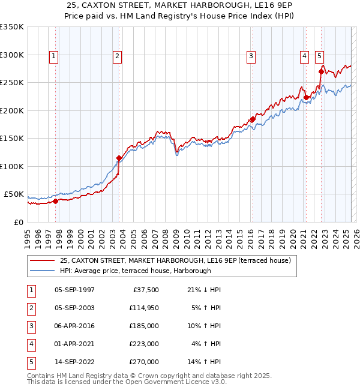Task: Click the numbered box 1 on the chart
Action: coord(53,56)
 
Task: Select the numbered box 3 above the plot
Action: coord(250,56)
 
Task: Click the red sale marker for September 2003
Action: coord(119,158)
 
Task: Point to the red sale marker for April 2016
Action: coord(253,119)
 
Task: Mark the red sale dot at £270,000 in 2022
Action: coord(321,71)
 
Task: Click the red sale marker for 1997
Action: coord(56,201)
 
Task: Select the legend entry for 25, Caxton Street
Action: coord(175,260)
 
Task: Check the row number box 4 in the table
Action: coord(30,344)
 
